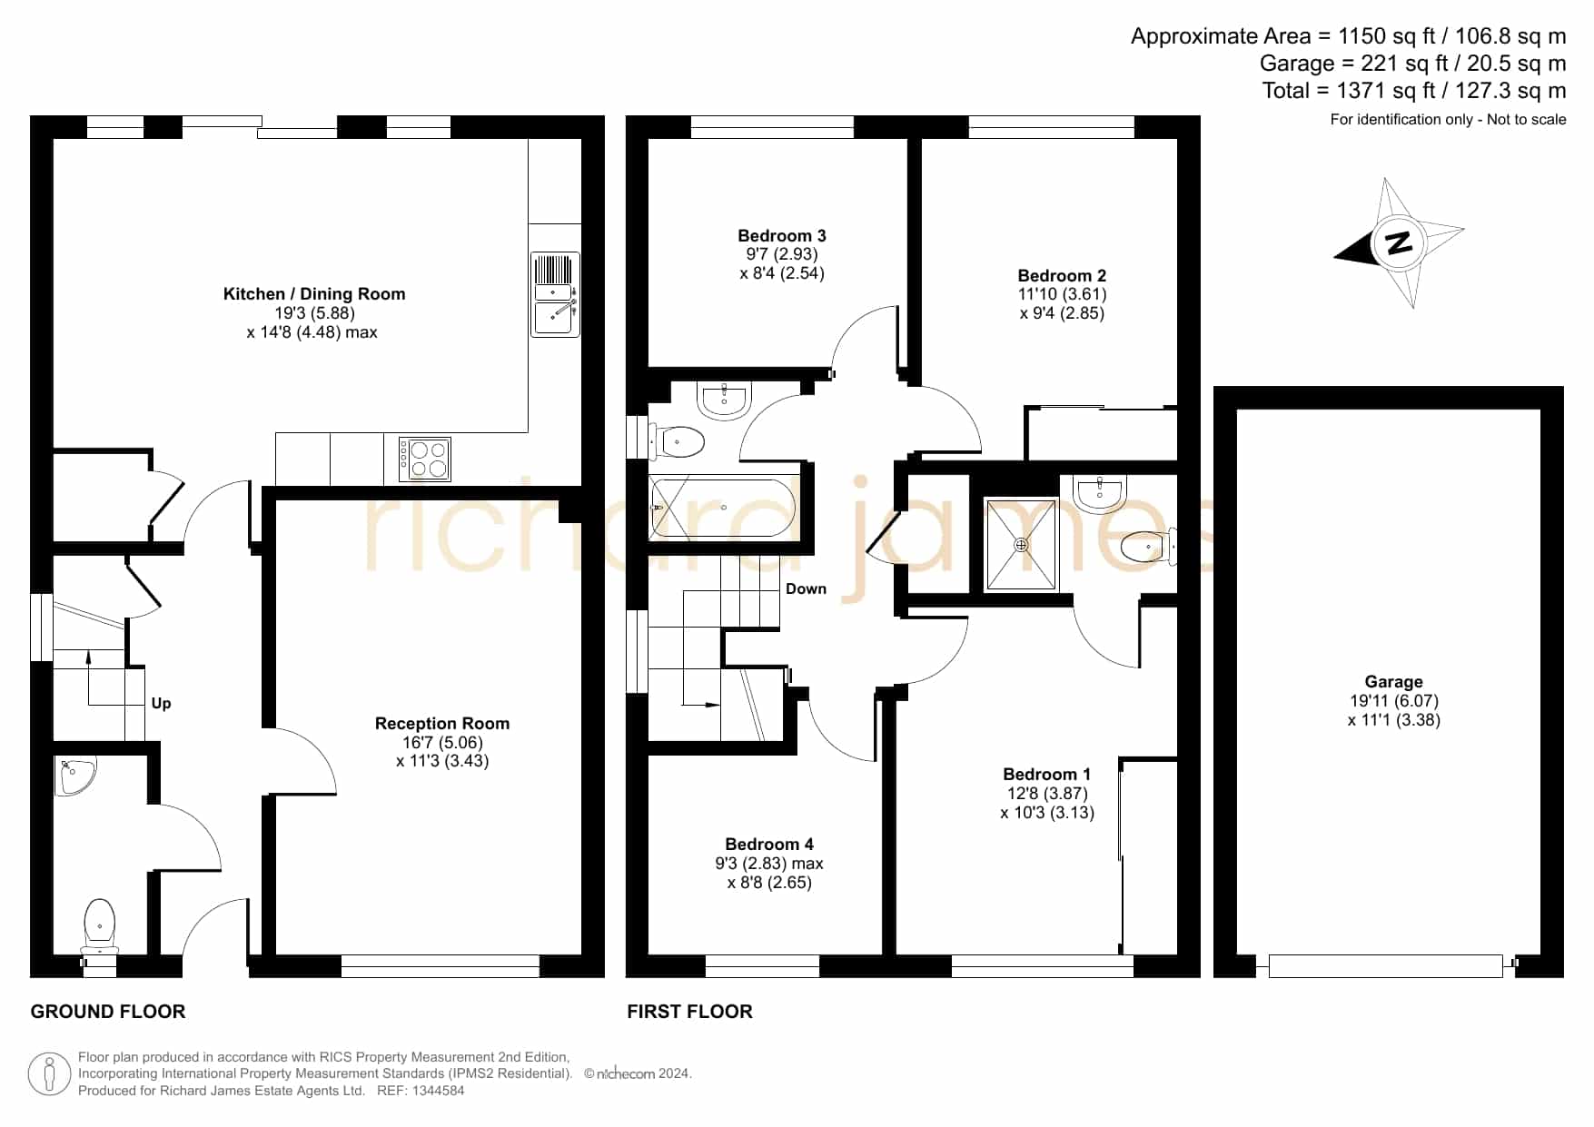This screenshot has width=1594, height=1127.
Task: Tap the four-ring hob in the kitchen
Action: [x=425, y=460]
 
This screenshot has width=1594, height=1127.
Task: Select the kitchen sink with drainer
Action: [x=555, y=294]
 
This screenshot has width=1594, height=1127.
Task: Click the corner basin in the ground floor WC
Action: [x=74, y=776]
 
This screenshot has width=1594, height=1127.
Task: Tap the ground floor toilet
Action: [x=99, y=925]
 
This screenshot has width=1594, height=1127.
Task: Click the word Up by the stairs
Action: [x=162, y=704]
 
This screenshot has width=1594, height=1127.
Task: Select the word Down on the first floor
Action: [x=806, y=589]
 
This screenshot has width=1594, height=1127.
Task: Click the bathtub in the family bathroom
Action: [x=723, y=508]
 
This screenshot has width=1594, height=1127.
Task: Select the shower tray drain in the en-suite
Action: [x=1021, y=545]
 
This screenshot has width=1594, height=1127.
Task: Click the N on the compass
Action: [x=1400, y=242]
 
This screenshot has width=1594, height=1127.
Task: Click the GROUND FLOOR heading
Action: [x=108, y=1012]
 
